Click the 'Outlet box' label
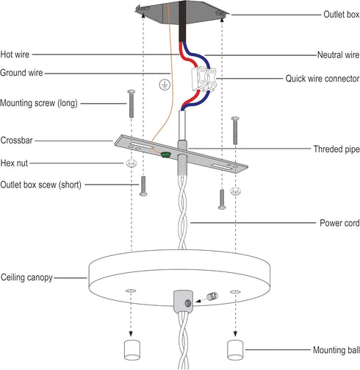[342, 15]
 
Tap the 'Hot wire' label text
[15, 54]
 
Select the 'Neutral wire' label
[339, 54]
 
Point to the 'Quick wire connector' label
[323, 79]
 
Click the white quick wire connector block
[204, 78]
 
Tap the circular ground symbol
[165, 85]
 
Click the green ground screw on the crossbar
[165, 154]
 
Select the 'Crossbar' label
[16, 140]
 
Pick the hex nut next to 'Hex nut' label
[132, 163]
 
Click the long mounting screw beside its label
[132, 104]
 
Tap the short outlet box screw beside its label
[143, 186]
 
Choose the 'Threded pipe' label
[336, 149]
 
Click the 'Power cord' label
[339, 223]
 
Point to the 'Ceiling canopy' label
[26, 277]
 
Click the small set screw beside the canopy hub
[212, 296]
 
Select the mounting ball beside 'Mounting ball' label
[235, 350]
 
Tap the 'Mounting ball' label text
[336, 350]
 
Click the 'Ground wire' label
[21, 73]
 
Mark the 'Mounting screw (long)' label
[39, 103]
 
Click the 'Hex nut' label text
[14, 163]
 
